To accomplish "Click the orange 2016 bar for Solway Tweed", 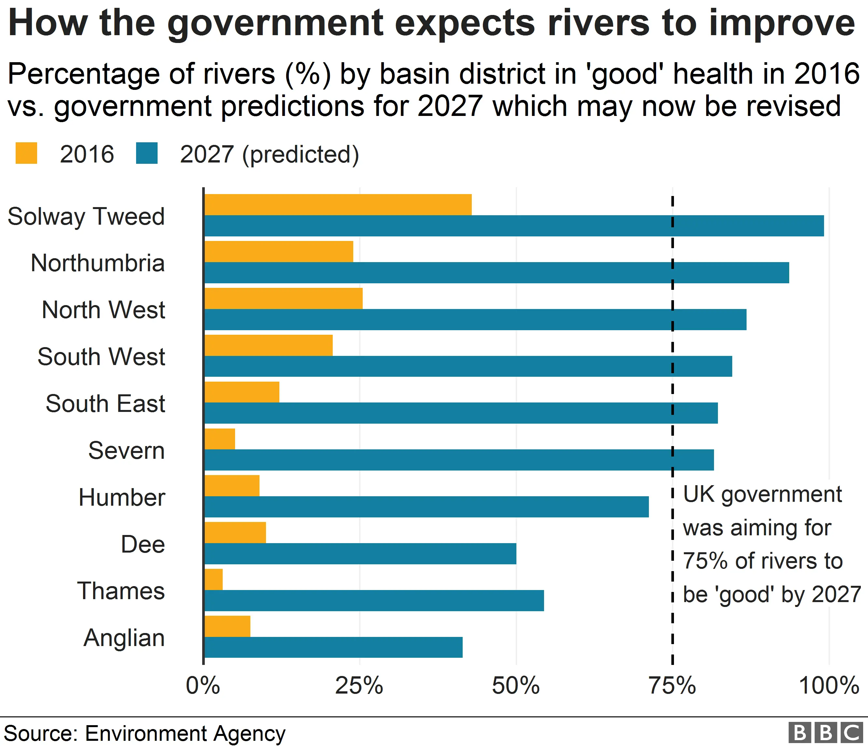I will click(338, 205).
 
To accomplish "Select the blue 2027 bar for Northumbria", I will click(497, 273).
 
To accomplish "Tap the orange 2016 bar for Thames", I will click(214, 579).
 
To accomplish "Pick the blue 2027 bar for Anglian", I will click(333, 647).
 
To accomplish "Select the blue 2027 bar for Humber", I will click(427, 507).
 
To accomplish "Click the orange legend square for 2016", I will click(26, 153).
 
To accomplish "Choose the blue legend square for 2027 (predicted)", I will click(147, 153).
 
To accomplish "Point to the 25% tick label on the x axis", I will click(359, 686).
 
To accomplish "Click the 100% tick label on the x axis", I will click(829, 686).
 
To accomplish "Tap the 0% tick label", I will click(203, 686).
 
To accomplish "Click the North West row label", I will click(104, 310).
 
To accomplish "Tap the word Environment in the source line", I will click(147, 733).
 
